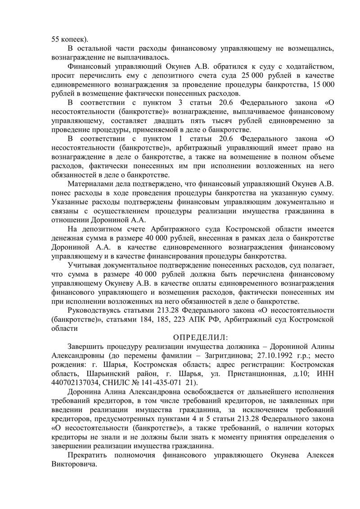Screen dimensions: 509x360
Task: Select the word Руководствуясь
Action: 95,311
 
